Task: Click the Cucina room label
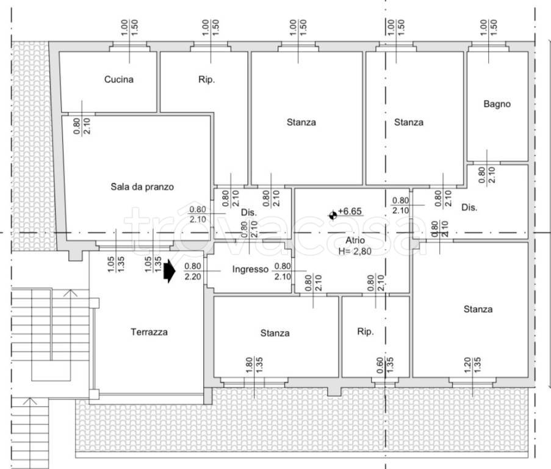pos(119,79)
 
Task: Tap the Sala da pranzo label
pos(142,187)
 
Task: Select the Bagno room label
pos(497,104)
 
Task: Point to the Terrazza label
pos(149,332)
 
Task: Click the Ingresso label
pos(250,269)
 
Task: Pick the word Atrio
pos(355,240)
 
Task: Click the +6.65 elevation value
pos(350,211)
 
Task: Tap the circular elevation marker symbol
pos(333,215)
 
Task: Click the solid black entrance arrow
pos(170,271)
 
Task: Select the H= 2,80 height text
pos(355,252)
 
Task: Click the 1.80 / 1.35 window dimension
pos(254,365)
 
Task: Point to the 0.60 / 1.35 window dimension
pos(385,365)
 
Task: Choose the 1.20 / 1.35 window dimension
pos(472,365)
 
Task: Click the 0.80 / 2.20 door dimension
pos(193,271)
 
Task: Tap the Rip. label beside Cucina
pos(206,79)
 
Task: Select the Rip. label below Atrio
pos(365,332)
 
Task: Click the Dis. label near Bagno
pos(469,208)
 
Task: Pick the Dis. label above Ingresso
pos(249,213)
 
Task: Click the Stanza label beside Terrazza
pos(275,333)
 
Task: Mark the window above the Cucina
pos(129,47)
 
